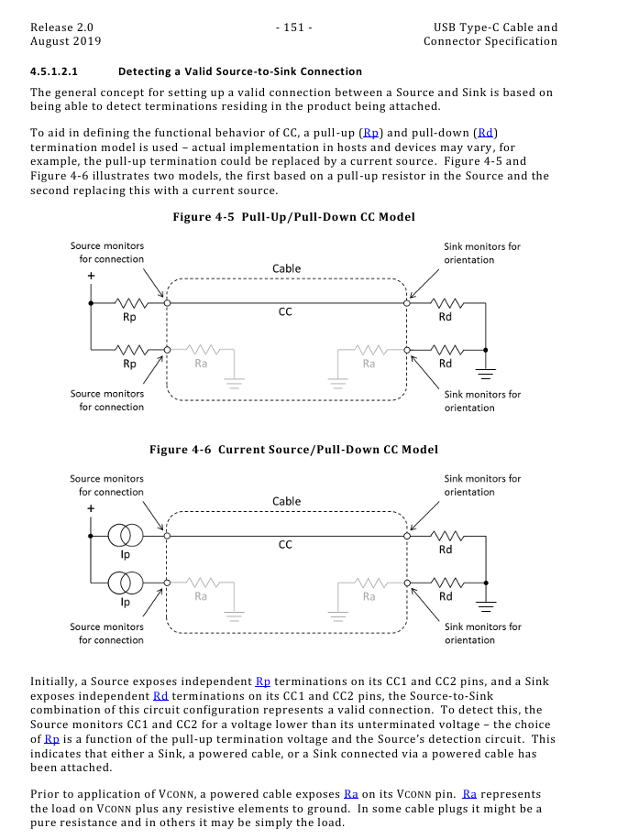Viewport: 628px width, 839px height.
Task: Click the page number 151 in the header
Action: pos(293,27)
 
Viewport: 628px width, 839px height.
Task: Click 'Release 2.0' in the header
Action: pos(61,27)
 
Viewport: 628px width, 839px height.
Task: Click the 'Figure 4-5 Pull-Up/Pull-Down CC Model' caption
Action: pos(293,217)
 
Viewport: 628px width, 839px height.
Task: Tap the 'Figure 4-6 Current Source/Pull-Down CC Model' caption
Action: pos(293,450)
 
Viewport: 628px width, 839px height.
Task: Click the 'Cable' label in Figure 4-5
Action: pos(286,269)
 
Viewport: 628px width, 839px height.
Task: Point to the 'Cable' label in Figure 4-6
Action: pos(286,502)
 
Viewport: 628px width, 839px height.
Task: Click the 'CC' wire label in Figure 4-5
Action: pos(285,312)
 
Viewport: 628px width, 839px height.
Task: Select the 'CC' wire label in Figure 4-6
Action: pos(285,545)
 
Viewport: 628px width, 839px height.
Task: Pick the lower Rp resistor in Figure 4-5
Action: pos(130,349)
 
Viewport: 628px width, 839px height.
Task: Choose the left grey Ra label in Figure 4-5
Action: pos(202,364)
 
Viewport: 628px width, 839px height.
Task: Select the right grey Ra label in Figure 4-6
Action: pos(369,596)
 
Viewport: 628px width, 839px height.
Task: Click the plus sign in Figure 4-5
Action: pos(90,274)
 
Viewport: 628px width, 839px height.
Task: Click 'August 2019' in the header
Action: pos(66,41)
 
